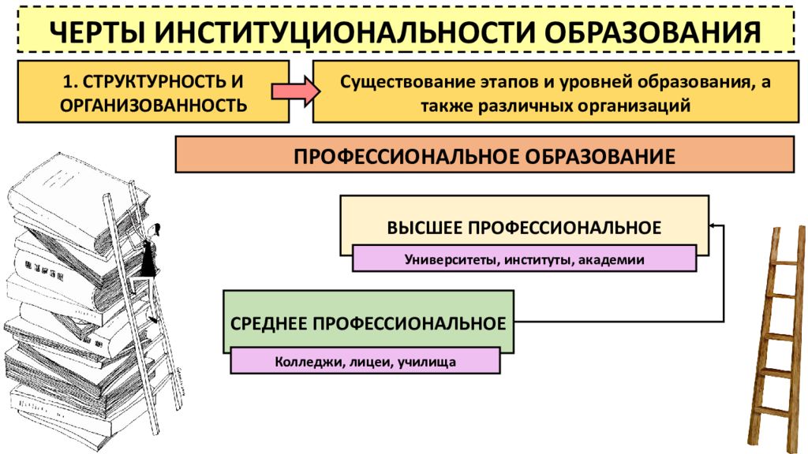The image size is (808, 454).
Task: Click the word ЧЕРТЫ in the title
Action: pos(97,32)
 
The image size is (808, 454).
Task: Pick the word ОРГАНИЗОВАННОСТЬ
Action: pos(154,105)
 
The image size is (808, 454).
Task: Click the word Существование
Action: pos(407,82)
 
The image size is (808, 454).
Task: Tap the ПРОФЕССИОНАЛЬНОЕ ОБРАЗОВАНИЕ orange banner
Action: pos(485,154)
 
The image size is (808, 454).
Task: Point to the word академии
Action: pos(612,259)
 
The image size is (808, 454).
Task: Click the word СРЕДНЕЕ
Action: pos(268,323)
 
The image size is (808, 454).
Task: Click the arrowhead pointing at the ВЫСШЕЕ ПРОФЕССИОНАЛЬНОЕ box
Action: pos(713,225)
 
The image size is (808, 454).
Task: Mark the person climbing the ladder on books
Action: pos(148,253)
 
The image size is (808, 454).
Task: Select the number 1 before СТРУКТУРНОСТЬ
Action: pos(66,81)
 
